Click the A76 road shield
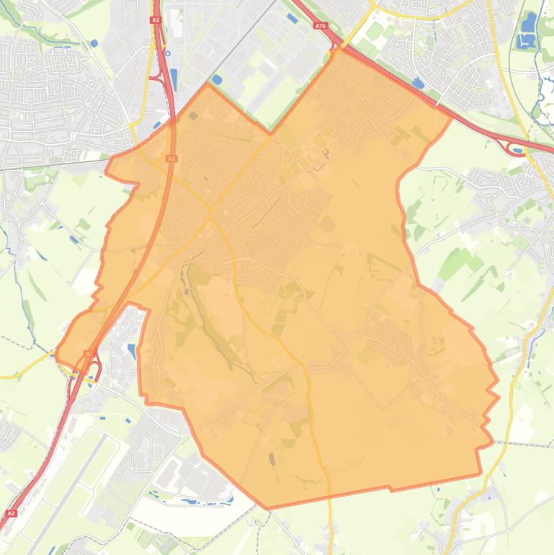[x=321, y=26]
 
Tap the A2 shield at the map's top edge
[x=156, y=20]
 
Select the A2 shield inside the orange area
[x=171, y=158]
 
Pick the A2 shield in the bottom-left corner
[x=11, y=513]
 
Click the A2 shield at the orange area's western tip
[x=88, y=353]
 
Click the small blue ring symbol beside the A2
[x=168, y=53]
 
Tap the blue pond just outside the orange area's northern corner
[x=217, y=80]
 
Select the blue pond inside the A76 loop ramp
[x=517, y=149]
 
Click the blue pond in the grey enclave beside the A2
[x=130, y=351]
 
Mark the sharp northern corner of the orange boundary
[x=207, y=84]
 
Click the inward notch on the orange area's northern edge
[x=271, y=133]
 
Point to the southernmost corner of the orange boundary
[x=269, y=507]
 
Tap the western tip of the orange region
[x=57, y=352]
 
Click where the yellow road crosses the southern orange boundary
[x=330, y=497]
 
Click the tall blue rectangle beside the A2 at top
[x=174, y=79]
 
